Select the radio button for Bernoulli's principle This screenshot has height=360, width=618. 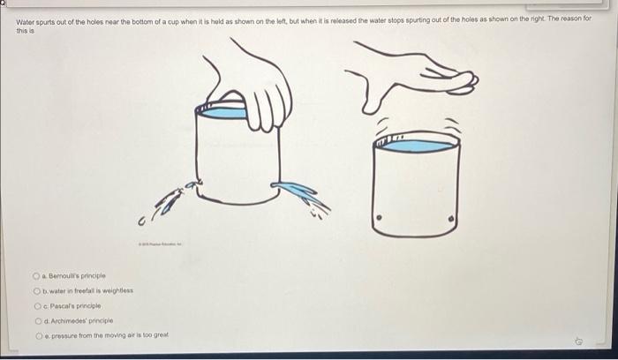[40, 276]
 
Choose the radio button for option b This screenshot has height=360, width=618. [40, 291]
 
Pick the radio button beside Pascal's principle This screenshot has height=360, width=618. [40, 306]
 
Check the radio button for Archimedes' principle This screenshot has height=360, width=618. [40, 321]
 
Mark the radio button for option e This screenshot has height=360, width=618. [40, 336]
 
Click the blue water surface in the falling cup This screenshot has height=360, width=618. [415, 146]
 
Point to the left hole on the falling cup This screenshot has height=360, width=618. [381, 215]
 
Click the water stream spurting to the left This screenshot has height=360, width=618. [177, 196]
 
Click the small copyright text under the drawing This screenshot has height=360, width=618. [160, 242]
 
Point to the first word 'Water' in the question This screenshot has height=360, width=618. [26, 18]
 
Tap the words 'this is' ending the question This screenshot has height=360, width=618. [24, 28]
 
